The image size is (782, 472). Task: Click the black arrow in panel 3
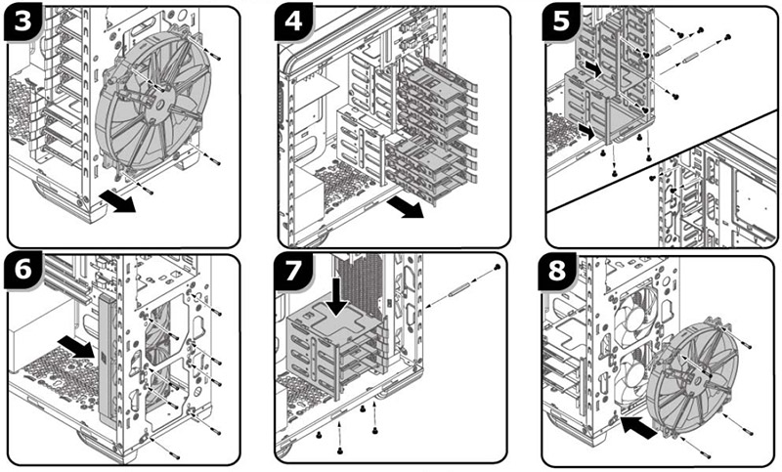[x=119, y=200]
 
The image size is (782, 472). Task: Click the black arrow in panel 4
[x=403, y=207]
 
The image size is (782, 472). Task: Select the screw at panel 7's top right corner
[x=498, y=266]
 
